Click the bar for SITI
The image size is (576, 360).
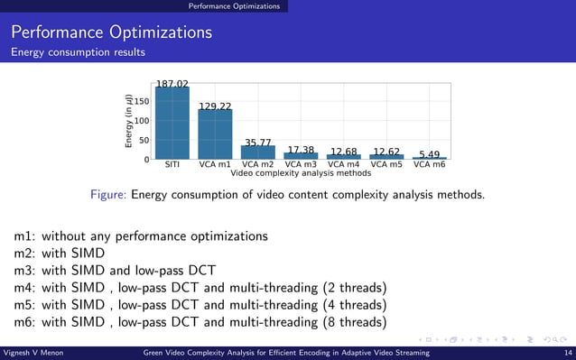172,124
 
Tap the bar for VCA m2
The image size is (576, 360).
258,152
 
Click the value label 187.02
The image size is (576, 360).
172,84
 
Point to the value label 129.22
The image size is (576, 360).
216,106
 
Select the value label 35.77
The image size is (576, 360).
259,143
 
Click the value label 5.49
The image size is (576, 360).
430,154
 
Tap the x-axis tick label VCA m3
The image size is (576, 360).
301,165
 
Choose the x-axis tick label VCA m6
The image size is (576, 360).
430,165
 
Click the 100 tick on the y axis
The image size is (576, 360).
143,121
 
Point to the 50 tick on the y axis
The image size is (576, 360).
145,141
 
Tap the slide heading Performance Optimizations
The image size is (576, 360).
112,33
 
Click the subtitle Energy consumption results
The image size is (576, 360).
78,52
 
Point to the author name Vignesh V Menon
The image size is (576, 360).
34,353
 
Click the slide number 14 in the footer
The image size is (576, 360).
567,353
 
